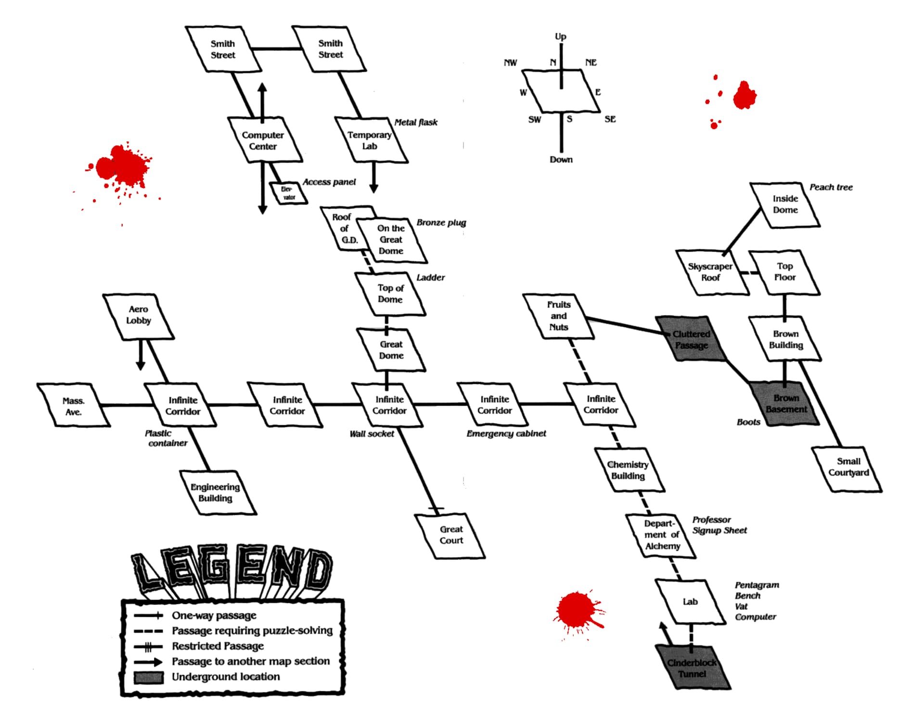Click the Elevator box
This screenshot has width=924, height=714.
point(288,193)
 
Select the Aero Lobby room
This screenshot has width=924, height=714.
point(139,316)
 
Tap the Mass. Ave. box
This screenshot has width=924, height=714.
point(74,405)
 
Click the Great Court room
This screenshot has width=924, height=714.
point(450,535)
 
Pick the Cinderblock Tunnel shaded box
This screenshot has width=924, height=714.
point(693,667)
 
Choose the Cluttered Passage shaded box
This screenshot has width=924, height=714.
point(692,339)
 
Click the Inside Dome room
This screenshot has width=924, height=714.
point(785,204)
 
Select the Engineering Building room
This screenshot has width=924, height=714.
point(218,492)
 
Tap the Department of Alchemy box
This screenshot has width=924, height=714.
point(661,535)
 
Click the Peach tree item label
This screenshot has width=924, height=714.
point(831,187)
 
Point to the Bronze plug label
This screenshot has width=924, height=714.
point(441,223)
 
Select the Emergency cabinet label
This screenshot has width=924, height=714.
point(506,433)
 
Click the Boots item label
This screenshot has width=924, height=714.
point(748,422)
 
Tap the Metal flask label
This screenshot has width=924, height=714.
point(416,122)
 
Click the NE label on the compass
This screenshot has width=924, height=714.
point(590,63)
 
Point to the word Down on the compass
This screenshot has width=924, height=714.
point(561,159)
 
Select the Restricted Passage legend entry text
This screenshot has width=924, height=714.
point(218,646)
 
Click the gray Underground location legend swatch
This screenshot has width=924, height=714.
point(148,677)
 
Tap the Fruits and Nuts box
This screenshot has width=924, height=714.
point(558,316)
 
